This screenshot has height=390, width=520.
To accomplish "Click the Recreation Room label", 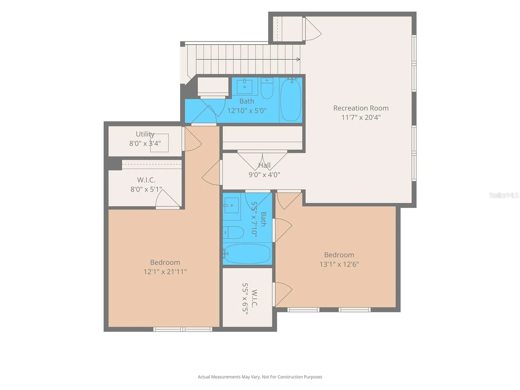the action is click(x=361, y=108).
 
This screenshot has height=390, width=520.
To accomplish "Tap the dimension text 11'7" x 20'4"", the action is click(x=361, y=117).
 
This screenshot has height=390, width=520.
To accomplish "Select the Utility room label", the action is click(x=145, y=134).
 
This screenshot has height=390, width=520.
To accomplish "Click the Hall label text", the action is click(x=264, y=165).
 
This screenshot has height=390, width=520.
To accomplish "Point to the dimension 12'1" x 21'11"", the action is click(x=165, y=272).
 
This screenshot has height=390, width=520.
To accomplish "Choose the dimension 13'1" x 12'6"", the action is click(x=339, y=264).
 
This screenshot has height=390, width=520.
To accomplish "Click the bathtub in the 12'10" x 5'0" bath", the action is click(x=291, y=100).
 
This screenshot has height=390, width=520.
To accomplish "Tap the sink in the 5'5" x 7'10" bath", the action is click(x=232, y=205).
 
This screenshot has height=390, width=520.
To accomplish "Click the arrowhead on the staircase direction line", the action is click(x=298, y=59).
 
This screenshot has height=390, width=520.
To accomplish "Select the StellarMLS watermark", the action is click(x=504, y=195).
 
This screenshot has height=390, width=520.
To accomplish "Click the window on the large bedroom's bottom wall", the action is click(x=183, y=329).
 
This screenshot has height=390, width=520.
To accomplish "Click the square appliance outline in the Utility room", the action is click(x=159, y=143).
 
